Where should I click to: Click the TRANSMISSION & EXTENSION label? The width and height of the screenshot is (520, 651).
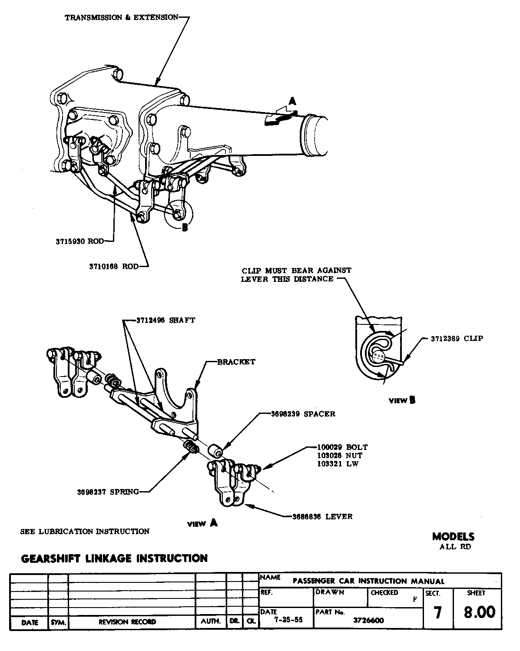point(121,18)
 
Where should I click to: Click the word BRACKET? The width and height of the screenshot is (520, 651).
point(236,362)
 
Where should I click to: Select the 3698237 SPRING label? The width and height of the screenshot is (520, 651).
point(108,492)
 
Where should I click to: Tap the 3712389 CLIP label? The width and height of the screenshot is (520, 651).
point(457,338)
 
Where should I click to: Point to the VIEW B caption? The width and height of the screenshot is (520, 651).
point(402,400)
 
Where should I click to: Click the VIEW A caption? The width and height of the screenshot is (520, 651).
point(202,523)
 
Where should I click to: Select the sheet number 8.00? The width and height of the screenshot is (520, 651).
point(479,612)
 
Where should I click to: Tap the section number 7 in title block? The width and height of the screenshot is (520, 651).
point(438,612)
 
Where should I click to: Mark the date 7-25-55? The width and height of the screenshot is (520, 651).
point(286,620)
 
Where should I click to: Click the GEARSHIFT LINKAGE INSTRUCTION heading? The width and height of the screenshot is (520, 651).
point(114,558)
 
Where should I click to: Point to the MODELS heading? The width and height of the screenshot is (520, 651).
point(454,537)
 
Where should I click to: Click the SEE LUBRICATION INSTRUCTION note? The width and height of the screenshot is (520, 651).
point(85,531)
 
